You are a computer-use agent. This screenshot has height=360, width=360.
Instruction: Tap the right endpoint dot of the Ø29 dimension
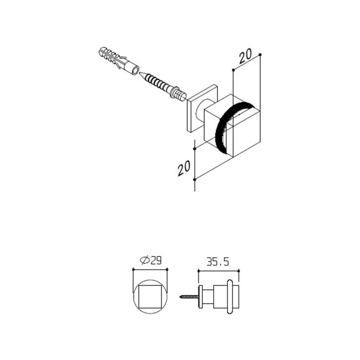[168, 268]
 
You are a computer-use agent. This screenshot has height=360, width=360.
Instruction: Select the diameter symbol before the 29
[143, 261]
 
